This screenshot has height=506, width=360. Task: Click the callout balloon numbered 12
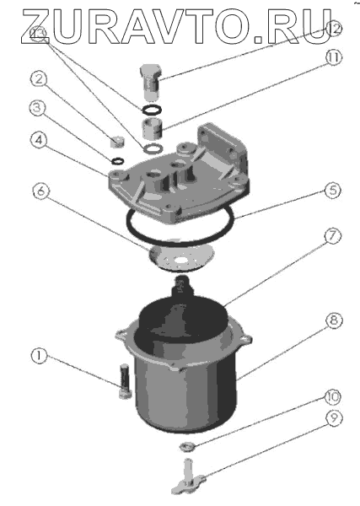[x=333, y=29]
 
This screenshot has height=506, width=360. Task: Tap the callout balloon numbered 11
[x=333, y=58]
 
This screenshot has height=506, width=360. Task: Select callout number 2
[x=39, y=79]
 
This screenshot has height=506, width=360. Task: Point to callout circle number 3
[x=38, y=108]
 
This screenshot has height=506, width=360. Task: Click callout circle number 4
[x=40, y=141]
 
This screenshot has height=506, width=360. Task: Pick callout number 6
[x=41, y=191]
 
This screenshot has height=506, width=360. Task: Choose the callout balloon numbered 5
[x=332, y=191]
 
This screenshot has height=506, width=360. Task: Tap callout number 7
[x=332, y=236]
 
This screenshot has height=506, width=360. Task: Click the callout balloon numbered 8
[x=334, y=320]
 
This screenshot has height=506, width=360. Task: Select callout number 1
[x=39, y=356]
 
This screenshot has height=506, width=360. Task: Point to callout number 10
[x=332, y=396]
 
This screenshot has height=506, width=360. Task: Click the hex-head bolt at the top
[x=150, y=82]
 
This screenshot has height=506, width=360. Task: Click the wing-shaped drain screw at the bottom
[x=188, y=477]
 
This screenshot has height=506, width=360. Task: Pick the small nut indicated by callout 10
[x=186, y=447]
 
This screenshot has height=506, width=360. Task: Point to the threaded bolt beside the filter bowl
[x=125, y=381]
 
